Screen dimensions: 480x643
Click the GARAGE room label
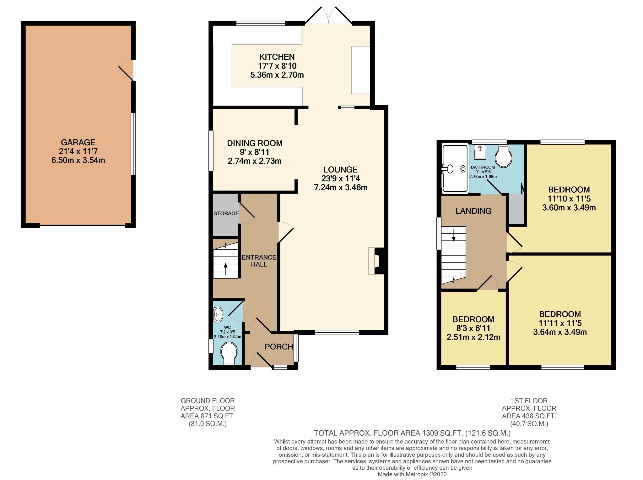pyautogui.click(x=78, y=142)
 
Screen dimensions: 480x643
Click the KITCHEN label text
pyautogui.click(x=277, y=57)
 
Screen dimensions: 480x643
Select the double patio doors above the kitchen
pyautogui.click(x=328, y=16)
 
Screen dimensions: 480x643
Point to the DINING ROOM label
pyautogui.click(x=255, y=143)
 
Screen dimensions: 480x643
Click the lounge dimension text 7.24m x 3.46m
pyautogui.click(x=341, y=188)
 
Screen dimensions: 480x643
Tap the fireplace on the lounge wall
pyautogui.click(x=375, y=261)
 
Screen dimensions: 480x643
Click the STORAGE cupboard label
pyautogui.click(x=226, y=213)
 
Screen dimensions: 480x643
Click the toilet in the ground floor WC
pyautogui.click(x=229, y=354)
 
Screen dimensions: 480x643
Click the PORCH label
pyautogui.click(x=279, y=347)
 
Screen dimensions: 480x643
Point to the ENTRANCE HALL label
pyautogui.click(x=259, y=261)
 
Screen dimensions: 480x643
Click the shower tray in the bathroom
pyautogui.click(x=455, y=169)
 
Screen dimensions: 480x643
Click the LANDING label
pyautogui.click(x=473, y=211)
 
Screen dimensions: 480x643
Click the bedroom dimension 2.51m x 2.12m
pyautogui.click(x=473, y=337)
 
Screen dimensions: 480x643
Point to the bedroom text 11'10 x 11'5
pyautogui.click(x=569, y=199)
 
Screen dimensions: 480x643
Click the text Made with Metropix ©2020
pyautogui.click(x=412, y=474)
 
